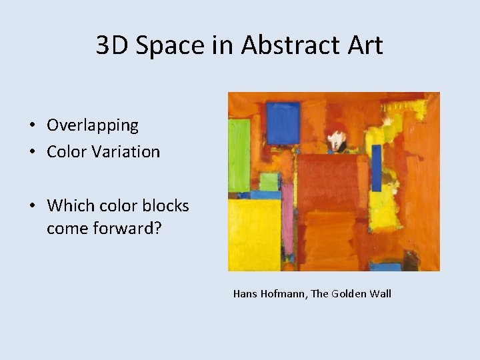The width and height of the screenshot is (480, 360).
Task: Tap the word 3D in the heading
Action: coord(111,45)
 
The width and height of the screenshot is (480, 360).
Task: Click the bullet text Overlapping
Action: coord(93,125)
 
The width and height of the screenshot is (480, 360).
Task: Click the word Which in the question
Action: coord(69,205)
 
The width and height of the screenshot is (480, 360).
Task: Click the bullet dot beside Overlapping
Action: coord(32,126)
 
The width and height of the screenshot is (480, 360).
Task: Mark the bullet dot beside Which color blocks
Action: coord(32,206)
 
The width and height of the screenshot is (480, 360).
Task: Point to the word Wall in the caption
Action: coord(381,293)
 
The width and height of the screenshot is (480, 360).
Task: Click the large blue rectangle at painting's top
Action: coord(283,123)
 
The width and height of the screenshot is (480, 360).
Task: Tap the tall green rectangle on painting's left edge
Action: coord(239,155)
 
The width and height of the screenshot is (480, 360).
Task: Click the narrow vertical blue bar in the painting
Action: coord(377,167)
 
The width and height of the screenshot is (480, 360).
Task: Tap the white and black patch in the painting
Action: coord(338,139)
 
